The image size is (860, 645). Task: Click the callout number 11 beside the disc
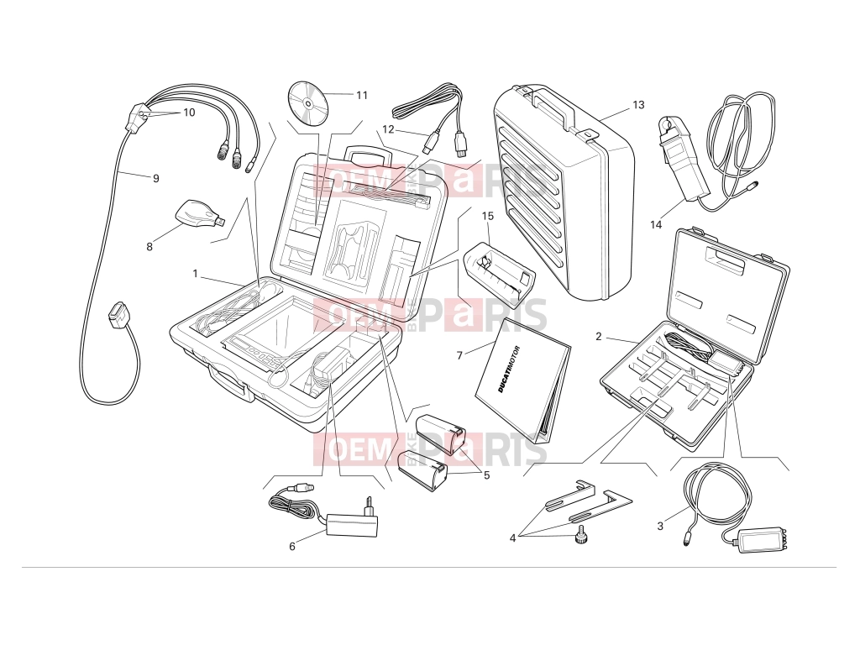361,96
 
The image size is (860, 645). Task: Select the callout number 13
638,105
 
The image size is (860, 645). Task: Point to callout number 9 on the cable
155,178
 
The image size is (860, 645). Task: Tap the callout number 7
459,356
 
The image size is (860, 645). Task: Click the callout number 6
291,546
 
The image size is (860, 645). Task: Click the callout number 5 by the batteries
486,475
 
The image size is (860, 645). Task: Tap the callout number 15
488,216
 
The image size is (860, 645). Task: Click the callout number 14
656,225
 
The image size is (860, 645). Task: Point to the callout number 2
598,337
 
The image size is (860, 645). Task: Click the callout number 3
660,527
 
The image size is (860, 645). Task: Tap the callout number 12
388,130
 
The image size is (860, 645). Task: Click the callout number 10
189,113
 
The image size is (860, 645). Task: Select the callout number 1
195,273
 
